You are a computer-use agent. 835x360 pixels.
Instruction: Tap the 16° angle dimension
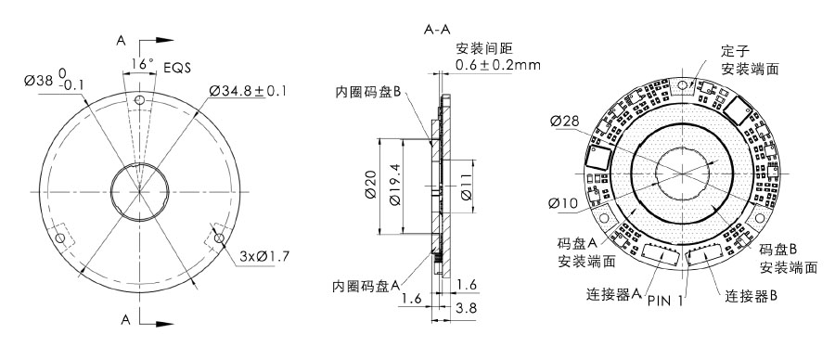click(x=141, y=64)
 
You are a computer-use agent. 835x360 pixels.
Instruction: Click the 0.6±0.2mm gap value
click(x=498, y=65)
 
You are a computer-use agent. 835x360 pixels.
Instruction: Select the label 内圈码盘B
click(x=368, y=92)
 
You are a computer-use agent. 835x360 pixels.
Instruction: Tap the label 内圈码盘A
click(x=366, y=287)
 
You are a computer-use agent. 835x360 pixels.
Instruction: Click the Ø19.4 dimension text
click(x=396, y=186)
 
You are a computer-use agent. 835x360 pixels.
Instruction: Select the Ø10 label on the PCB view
click(x=564, y=202)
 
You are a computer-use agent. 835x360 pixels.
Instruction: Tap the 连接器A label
click(x=615, y=295)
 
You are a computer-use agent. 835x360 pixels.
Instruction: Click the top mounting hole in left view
click(x=139, y=99)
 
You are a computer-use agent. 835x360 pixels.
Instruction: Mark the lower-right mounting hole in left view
click(x=220, y=238)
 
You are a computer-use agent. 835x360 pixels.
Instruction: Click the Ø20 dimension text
click(x=371, y=186)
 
